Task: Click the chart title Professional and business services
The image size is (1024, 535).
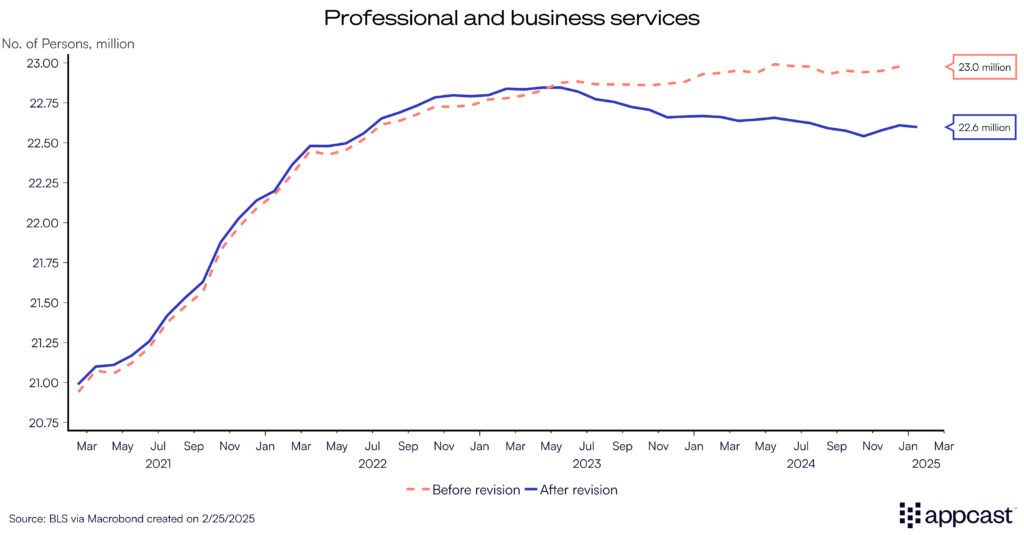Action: pyautogui.click(x=511, y=18)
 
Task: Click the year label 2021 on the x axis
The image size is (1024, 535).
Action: pyautogui.click(x=158, y=464)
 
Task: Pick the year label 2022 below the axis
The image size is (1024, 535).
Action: pyautogui.click(x=372, y=464)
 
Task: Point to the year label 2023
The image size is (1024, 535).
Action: pyautogui.click(x=587, y=464)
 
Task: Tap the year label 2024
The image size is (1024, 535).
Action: pyautogui.click(x=801, y=464)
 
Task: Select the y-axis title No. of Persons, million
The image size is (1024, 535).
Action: pyautogui.click(x=68, y=43)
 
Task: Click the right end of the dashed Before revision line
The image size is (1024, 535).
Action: pyautogui.click(x=908, y=66)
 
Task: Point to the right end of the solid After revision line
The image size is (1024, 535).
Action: pyautogui.click(x=916, y=127)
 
